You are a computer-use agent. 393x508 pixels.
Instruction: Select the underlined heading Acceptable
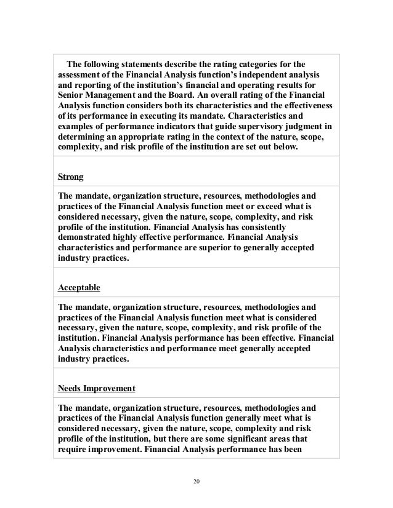[x=79, y=287]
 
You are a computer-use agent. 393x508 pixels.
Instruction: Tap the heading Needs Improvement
[x=97, y=389]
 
